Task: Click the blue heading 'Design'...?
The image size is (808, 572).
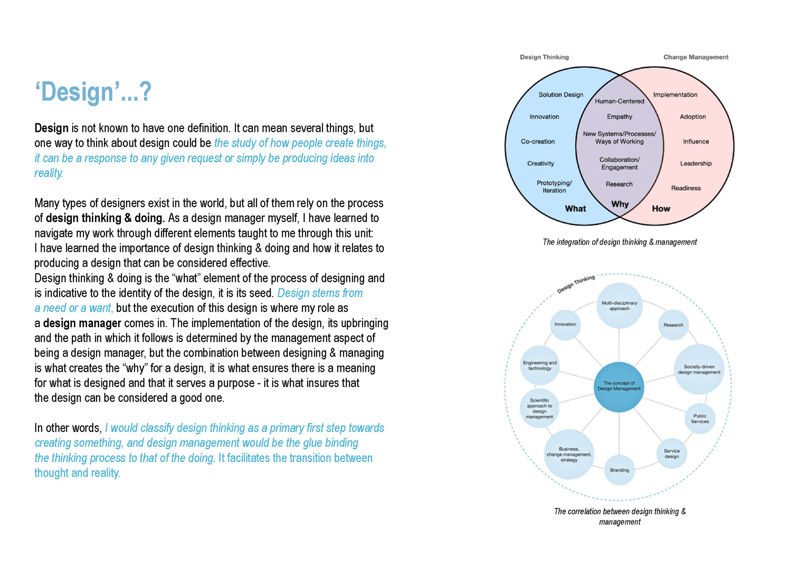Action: pyautogui.click(x=93, y=92)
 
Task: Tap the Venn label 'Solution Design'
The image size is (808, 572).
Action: pyautogui.click(x=561, y=95)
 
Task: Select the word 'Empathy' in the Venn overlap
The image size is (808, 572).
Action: pyautogui.click(x=619, y=117)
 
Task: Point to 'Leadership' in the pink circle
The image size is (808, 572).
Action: pyautogui.click(x=696, y=163)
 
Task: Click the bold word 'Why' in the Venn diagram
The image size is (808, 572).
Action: pyautogui.click(x=619, y=204)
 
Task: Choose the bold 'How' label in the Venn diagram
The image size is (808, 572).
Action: pyautogui.click(x=661, y=208)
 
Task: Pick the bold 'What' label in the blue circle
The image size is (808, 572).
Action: pyautogui.click(x=575, y=208)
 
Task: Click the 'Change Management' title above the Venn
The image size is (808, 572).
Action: pyautogui.click(x=696, y=57)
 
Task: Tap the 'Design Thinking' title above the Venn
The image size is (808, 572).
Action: pyautogui.click(x=544, y=57)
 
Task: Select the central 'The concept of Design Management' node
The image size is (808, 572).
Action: pyautogui.click(x=619, y=386)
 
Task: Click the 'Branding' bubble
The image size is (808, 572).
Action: pyautogui.click(x=619, y=470)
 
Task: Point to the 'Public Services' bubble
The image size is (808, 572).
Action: pyautogui.click(x=699, y=419)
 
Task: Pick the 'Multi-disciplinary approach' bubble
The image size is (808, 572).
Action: pyautogui.click(x=619, y=306)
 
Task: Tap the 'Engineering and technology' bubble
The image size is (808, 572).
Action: pyautogui.click(x=540, y=366)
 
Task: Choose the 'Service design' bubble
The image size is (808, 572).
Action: pyautogui.click(x=671, y=454)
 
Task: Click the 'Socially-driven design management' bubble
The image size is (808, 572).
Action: pyautogui.click(x=699, y=369)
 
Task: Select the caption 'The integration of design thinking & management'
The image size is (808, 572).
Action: pyautogui.click(x=619, y=242)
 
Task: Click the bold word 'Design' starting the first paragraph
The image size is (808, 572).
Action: pyautogui.click(x=51, y=128)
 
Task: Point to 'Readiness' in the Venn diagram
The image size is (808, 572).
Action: pyautogui.click(x=686, y=188)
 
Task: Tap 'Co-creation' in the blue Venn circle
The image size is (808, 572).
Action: pyautogui.click(x=537, y=142)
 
